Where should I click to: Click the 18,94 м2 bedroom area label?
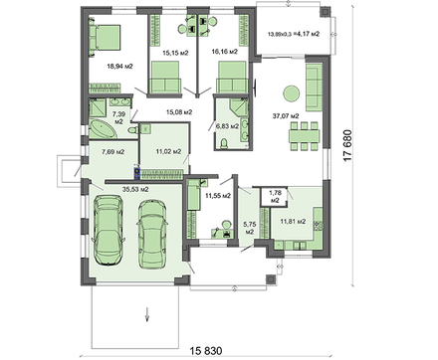[x=119, y=67]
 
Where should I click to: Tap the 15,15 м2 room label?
[x=175, y=53]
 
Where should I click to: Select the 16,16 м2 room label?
[x=225, y=52]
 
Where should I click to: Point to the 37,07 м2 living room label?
[x=286, y=116]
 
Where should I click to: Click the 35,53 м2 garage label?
[x=135, y=190]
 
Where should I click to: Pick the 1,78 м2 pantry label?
[x=275, y=197]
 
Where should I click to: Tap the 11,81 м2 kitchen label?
[x=293, y=221]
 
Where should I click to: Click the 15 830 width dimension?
[x=206, y=350]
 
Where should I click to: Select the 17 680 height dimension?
[x=347, y=145]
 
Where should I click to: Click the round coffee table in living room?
[x=292, y=93]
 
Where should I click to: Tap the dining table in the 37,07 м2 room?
[x=304, y=136]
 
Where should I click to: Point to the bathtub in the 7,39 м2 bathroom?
[x=102, y=129]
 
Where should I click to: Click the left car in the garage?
[x=109, y=230]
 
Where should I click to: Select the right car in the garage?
[x=151, y=234]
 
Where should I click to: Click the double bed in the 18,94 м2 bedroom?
[x=105, y=38]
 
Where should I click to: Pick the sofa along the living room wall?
[x=314, y=88]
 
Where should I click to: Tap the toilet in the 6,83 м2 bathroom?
[x=224, y=143]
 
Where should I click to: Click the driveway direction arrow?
[x=147, y=314]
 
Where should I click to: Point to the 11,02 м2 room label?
[x=168, y=152]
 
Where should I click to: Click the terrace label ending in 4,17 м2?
[x=294, y=34]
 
